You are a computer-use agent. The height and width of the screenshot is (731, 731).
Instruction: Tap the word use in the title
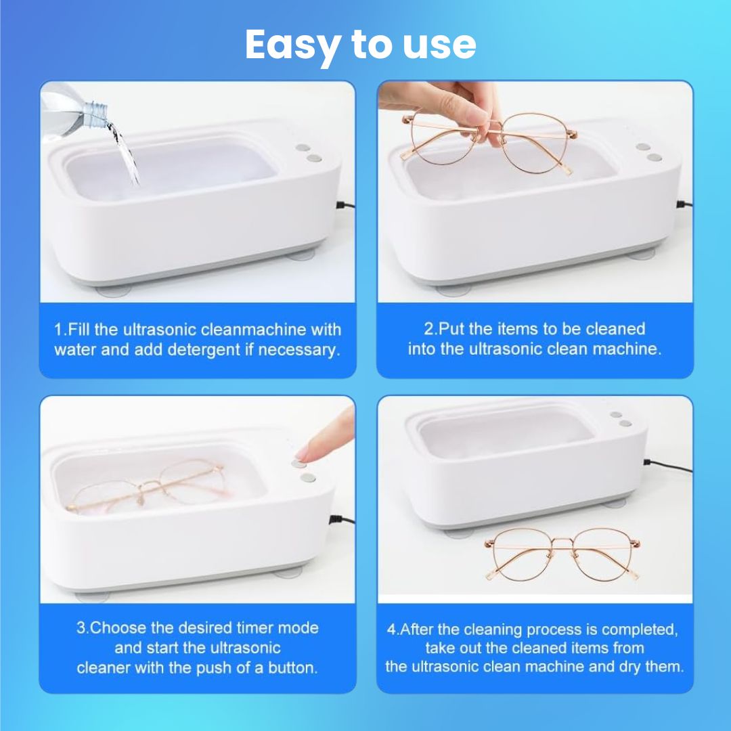(439, 45)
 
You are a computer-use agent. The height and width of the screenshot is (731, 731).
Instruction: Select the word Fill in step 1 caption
(80, 329)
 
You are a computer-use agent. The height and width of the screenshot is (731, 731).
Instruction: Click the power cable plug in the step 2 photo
(684, 204)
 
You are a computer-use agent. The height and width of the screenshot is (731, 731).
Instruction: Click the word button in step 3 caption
(292, 667)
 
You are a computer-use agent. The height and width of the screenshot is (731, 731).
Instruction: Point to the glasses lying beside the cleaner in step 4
(562, 555)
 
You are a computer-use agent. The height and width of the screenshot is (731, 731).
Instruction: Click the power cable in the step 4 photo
(667, 465)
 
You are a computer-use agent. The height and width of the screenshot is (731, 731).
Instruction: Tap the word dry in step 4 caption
(629, 667)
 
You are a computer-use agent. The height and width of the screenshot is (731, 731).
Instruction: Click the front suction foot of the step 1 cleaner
(113, 291)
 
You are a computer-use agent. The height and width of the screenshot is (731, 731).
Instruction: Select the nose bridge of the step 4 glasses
(562, 541)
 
